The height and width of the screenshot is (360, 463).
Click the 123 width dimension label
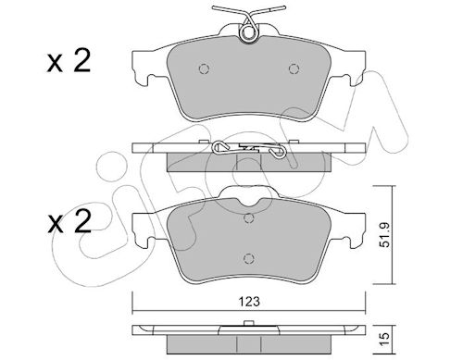[249, 302]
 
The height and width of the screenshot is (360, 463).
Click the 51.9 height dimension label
[386, 236]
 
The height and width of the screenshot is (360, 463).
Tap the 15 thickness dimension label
[386, 339]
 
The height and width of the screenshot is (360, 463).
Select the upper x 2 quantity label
[69, 62]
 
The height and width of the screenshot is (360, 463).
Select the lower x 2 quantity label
[69, 221]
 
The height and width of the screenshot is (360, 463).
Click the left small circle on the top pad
[204, 68]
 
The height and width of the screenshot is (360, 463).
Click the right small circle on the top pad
[294, 68]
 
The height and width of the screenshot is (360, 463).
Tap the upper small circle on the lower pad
[248, 218]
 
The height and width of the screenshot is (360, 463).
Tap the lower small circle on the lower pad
[248, 258]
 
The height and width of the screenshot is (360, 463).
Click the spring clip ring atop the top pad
[248, 32]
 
